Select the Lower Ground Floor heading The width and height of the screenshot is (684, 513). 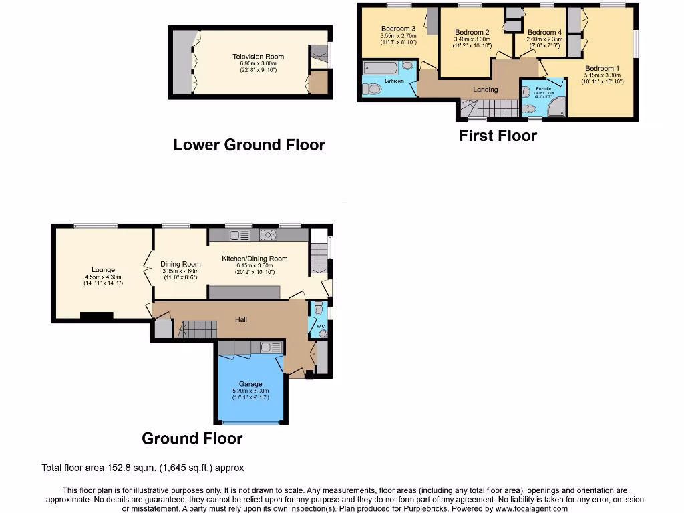click(249, 145)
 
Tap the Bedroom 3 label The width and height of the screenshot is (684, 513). click(399, 29)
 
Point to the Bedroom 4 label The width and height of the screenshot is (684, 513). click(544, 32)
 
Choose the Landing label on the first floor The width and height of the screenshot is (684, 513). click(486, 89)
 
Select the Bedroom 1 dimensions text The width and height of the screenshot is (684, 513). click(603, 79)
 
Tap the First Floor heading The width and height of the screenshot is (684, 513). click(498, 136)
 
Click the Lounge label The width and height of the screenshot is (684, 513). click(104, 270)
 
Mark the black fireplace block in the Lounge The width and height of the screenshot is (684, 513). click(96, 316)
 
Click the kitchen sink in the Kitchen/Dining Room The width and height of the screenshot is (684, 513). click(239, 235)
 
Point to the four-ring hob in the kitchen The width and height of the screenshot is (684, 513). click(268, 235)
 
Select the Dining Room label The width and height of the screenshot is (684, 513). click(180, 264)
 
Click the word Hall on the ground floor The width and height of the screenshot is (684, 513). click(241, 319)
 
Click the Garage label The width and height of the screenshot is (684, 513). click(250, 384)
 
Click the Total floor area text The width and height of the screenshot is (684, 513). click(148, 468)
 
